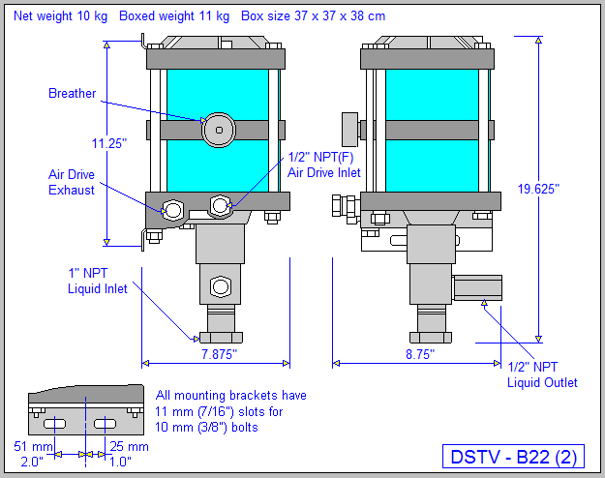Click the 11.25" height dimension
pos(108,143)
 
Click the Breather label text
pos(73,94)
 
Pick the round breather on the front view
pos(219,130)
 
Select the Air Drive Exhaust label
pos(73,183)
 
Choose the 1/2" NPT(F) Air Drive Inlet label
pos(323,164)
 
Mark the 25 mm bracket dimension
pos(129,446)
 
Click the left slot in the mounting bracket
pos(55,424)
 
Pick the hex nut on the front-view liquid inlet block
pos(219,286)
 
